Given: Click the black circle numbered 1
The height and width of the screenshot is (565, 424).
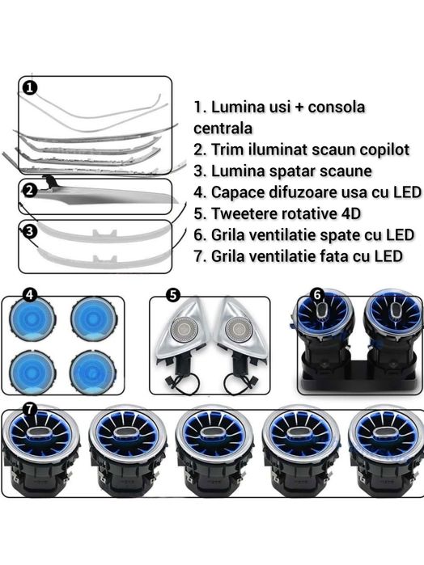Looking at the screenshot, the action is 30,87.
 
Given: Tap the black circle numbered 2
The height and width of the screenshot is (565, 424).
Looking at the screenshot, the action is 30,190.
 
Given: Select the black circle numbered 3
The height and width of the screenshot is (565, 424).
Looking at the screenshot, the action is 30,231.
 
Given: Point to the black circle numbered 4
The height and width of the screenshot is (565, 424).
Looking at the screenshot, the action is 30,294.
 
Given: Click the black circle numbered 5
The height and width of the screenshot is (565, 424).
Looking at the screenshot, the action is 173,295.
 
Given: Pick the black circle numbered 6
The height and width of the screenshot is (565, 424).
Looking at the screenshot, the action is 317,295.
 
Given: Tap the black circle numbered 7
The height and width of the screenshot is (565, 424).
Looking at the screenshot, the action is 30,409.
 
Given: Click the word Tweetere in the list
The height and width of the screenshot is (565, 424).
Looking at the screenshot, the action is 243,213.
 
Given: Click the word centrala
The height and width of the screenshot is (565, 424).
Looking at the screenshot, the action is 223,129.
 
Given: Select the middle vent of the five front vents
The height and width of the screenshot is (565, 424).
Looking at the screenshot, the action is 214,451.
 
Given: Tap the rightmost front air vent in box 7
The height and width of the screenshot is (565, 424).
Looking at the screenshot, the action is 386,451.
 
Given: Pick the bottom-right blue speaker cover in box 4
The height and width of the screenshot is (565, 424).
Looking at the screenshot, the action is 93,373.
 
